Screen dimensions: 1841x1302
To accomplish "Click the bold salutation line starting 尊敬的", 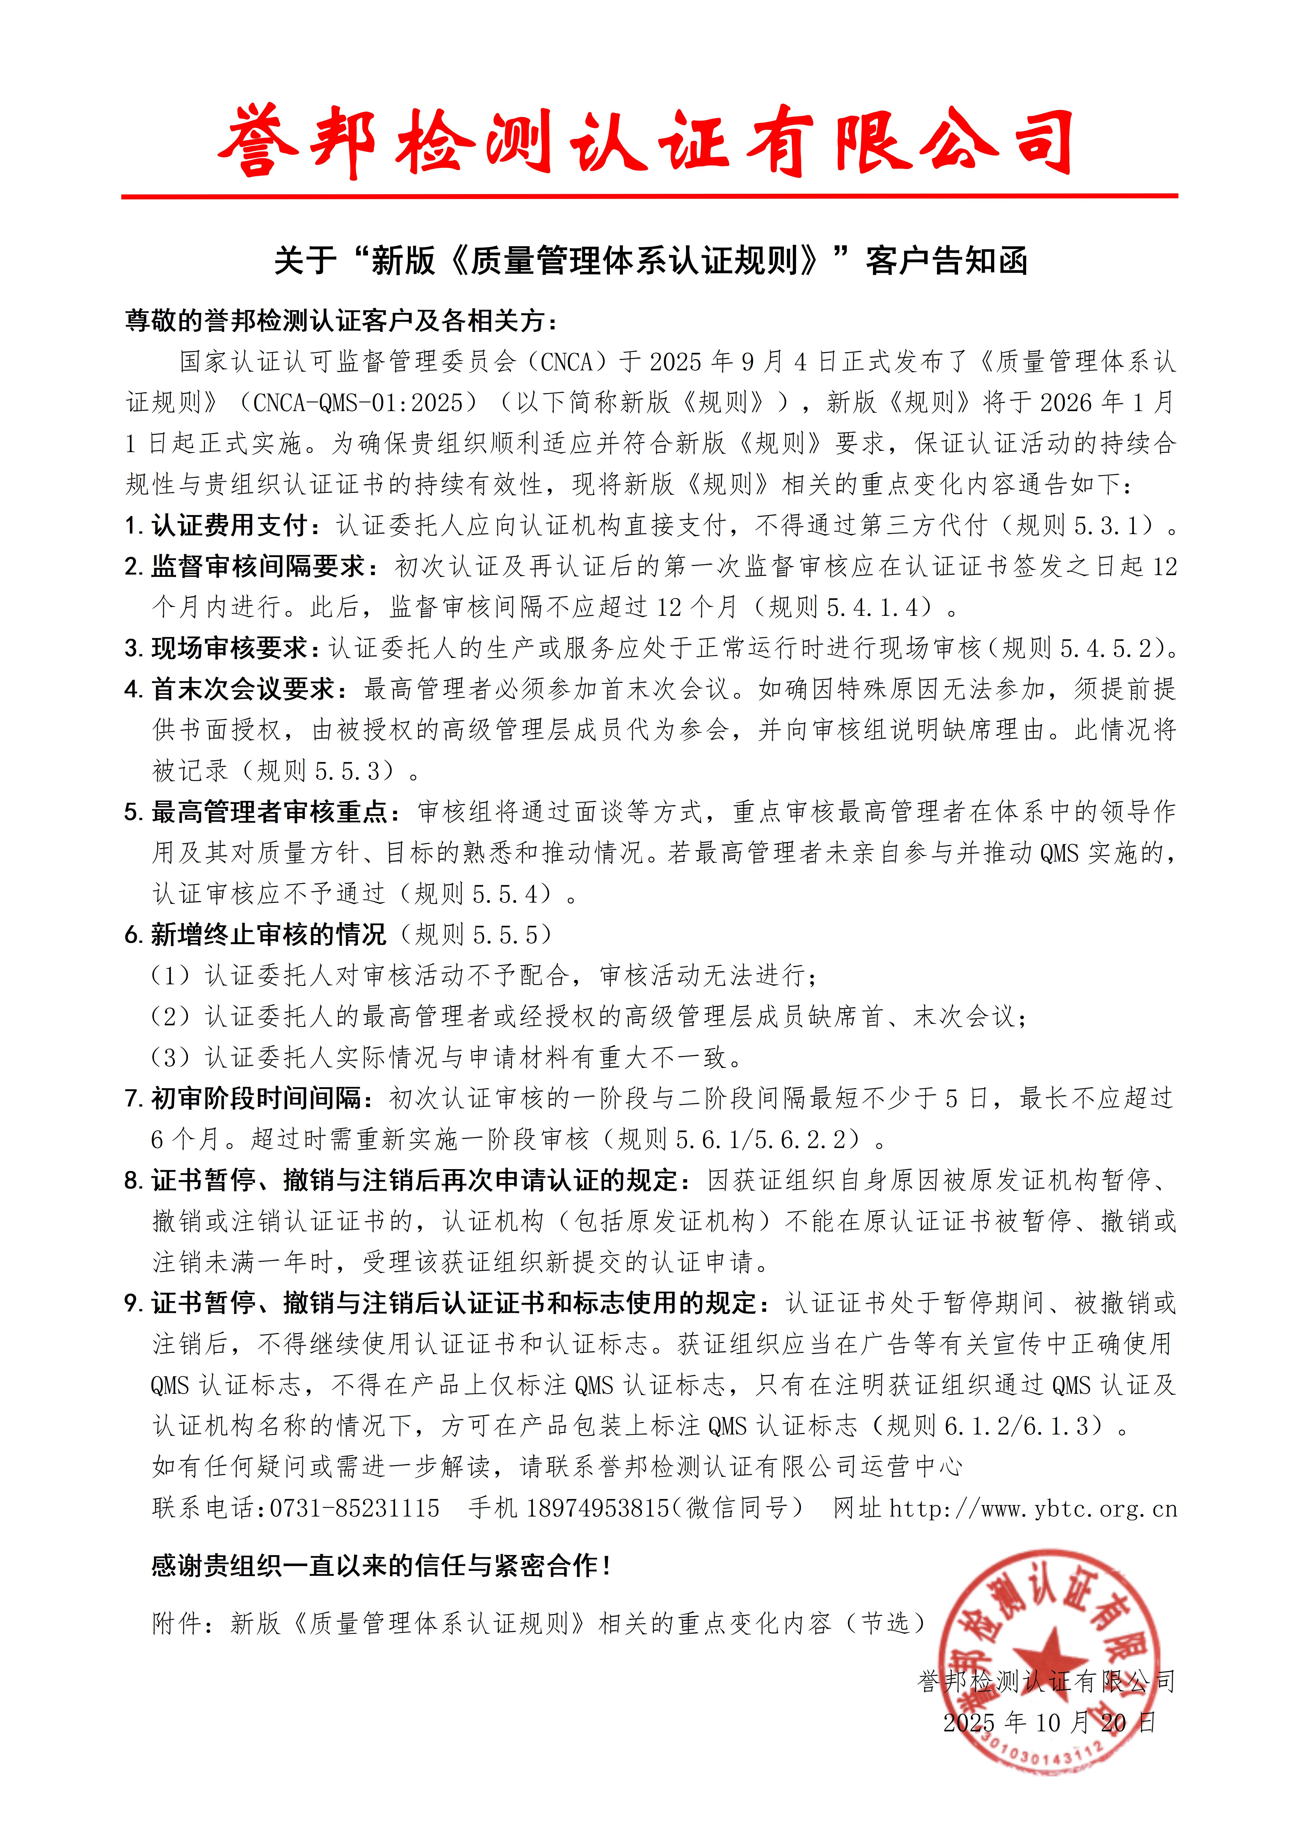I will (341, 321).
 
